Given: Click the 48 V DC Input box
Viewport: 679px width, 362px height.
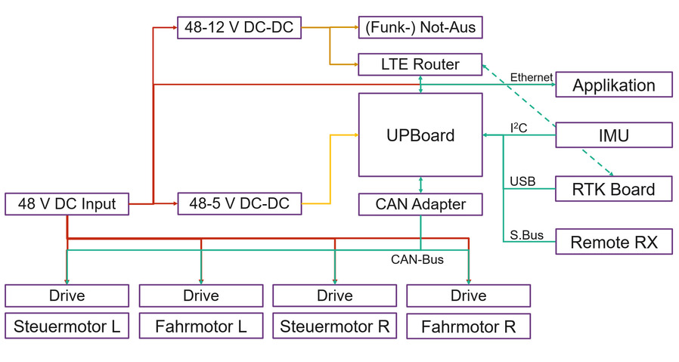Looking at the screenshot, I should coord(67,204).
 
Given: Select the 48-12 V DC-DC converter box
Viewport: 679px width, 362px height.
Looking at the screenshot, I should coord(239,28).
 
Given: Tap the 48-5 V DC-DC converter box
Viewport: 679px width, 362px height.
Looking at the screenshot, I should coord(239,204).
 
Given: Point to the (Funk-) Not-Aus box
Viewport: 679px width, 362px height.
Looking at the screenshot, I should coord(420,28).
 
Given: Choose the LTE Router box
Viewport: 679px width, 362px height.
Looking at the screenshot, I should coord(420,64).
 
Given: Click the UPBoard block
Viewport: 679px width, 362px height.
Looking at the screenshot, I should coord(420,135).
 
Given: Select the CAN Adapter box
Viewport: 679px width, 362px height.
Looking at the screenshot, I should coord(420,204).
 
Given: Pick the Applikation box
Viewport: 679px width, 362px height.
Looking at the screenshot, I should coord(613,85).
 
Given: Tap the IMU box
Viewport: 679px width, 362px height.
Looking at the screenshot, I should coord(613,135).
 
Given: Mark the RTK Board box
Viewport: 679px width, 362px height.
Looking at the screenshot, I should coord(613,189).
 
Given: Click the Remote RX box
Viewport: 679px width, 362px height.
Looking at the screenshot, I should coord(613,242).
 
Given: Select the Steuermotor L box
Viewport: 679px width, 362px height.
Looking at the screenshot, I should coord(67,326).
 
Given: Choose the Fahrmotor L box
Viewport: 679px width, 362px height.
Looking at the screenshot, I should coord(200,326).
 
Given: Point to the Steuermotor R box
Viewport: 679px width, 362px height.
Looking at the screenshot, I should coord(334,326).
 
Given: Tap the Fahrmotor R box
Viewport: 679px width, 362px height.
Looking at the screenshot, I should coord(468,327).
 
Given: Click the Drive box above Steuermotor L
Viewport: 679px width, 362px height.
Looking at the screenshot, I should coord(67,295).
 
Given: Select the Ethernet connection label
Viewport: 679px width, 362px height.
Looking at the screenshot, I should coord(531,77).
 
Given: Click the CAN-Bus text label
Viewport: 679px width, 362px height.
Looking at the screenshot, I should coord(417,259).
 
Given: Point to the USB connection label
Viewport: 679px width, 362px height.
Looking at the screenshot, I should coord(522,181).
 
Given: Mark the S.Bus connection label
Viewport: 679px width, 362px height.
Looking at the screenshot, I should coord(526,235).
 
